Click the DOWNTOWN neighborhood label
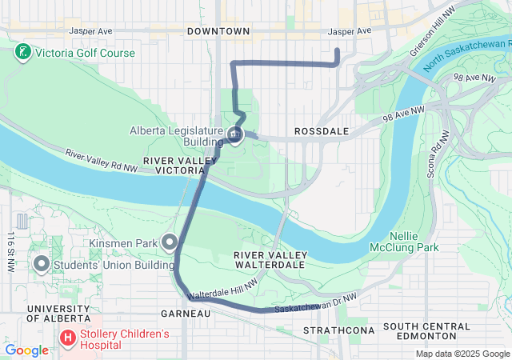(x=218, y=31)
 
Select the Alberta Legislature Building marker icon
(x=235, y=135)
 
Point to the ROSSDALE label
(x=319, y=130)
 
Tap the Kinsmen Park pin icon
(x=170, y=241)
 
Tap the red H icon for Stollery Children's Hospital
(x=68, y=338)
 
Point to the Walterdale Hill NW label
(x=223, y=289)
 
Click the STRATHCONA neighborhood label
(x=334, y=330)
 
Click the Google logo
(x=26, y=350)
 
